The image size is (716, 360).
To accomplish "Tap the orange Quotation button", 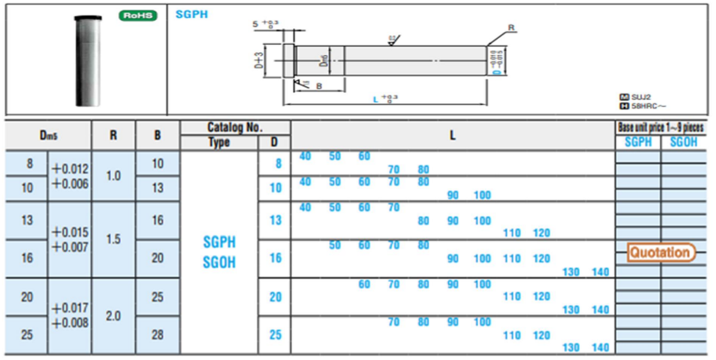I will [x=660, y=252].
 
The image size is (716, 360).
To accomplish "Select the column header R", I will [x=113, y=135].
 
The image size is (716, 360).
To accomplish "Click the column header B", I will [x=157, y=135].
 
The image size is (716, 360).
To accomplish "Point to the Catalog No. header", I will [x=235, y=127].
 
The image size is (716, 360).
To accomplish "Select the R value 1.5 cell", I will [x=113, y=239].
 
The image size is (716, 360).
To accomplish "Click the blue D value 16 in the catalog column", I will [x=276, y=258].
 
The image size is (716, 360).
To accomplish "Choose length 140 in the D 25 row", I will [x=601, y=347].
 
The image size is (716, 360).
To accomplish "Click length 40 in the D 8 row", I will [x=305, y=156].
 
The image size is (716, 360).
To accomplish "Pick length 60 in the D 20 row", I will [x=364, y=284].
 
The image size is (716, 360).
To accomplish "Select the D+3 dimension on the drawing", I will [x=259, y=61].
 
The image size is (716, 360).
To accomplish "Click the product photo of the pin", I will [x=84, y=57].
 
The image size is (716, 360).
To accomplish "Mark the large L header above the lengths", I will [x=452, y=135].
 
